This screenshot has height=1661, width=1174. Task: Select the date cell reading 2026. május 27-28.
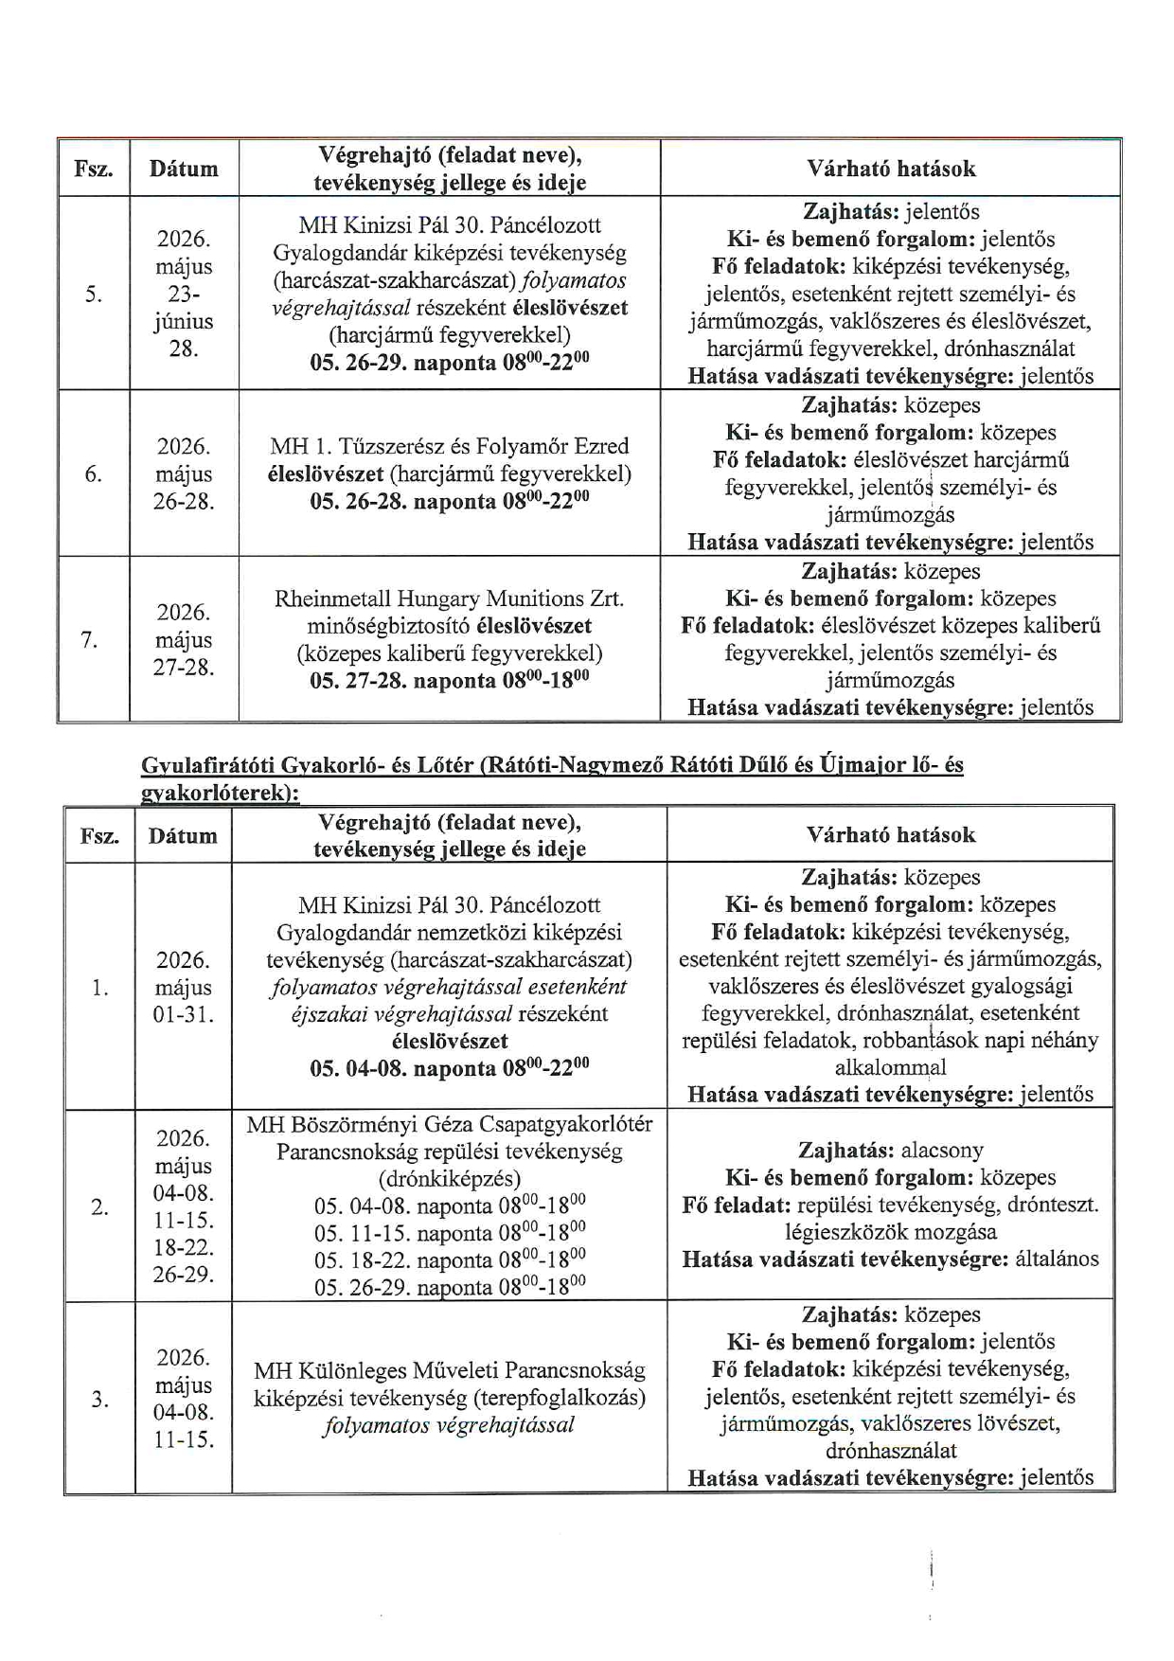(x=184, y=640)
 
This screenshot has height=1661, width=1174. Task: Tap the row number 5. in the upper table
(x=93, y=294)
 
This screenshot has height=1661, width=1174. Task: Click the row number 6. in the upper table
(x=93, y=474)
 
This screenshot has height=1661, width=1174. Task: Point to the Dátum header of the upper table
(x=184, y=170)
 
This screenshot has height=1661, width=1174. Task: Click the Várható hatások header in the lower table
(x=891, y=835)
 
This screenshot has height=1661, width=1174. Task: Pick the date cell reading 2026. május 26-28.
(x=184, y=474)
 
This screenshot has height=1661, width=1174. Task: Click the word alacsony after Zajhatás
(x=942, y=1151)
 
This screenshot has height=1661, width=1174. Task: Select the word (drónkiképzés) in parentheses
(x=450, y=1179)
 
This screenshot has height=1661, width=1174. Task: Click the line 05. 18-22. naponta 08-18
(x=450, y=1261)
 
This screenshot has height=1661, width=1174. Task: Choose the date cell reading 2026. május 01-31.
(x=184, y=988)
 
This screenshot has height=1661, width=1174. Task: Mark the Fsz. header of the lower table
(x=99, y=836)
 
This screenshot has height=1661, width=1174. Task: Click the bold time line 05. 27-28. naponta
(x=450, y=681)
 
